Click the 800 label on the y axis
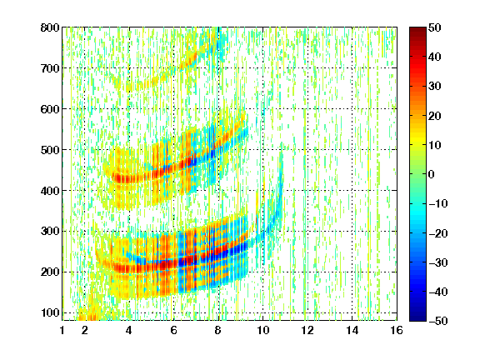tap(50, 27)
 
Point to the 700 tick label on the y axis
tap(50, 68)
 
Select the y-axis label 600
tap(50, 109)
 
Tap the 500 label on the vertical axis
tap(50, 150)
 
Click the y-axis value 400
tap(50, 191)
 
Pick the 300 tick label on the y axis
tap(50, 232)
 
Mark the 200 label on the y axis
tap(50, 272)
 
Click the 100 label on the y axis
tap(50, 312)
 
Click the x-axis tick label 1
tap(62, 330)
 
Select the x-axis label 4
tap(129, 330)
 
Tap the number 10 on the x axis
tap(262, 330)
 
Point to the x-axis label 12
tap(307, 330)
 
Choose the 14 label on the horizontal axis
tap(352, 330)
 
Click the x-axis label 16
tap(397, 330)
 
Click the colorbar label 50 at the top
tap(435, 27)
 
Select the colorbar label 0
tap(432, 174)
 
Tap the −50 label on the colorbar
tap(438, 321)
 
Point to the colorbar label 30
tap(435, 87)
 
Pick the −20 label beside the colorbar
tap(438, 233)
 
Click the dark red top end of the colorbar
tap(417, 29)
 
